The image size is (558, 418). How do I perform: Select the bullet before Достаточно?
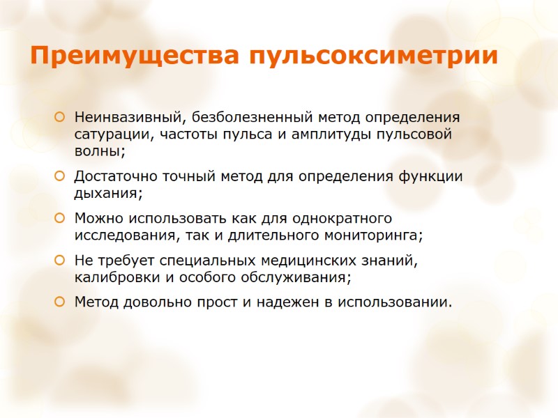pos(60,177)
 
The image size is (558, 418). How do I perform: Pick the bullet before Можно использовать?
pos(60,219)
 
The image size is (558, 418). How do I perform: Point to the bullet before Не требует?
pos(60,261)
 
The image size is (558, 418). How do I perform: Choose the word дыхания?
pos(107,194)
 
